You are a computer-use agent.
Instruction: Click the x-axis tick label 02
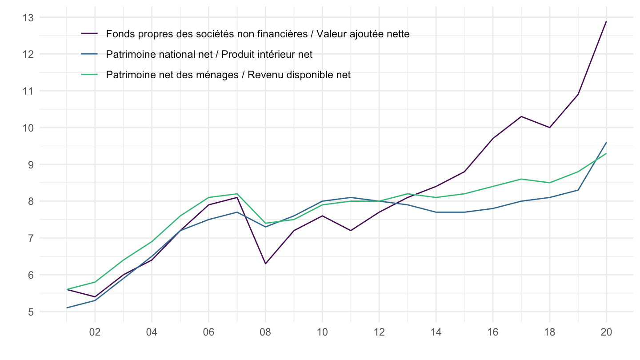95,332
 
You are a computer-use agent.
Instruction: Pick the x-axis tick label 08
265,332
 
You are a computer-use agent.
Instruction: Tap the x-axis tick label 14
436,332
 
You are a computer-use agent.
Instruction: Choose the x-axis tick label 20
606,332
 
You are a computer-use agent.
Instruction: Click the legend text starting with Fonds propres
258,34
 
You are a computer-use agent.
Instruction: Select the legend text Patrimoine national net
209,54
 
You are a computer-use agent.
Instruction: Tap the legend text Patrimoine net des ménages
228,75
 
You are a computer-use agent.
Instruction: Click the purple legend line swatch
89,34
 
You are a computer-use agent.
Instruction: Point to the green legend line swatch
89,75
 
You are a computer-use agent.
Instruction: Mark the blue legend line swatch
89,54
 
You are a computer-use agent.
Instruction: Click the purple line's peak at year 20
606,21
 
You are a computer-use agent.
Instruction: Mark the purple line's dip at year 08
265,264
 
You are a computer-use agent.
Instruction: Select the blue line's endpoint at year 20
606,143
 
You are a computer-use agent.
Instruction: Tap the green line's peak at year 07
237,194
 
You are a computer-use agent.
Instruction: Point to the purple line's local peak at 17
521,116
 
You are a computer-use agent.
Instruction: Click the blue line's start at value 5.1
67,308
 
